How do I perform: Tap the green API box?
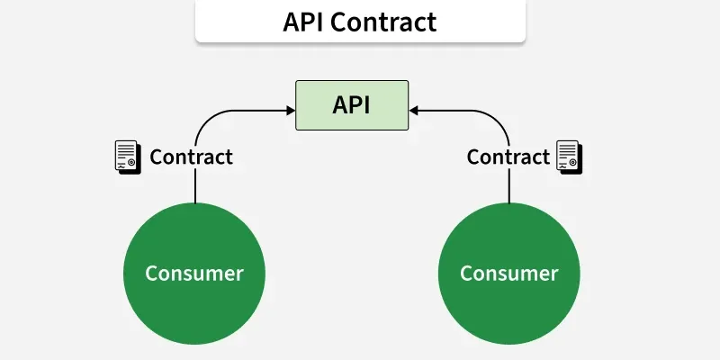click(x=352, y=104)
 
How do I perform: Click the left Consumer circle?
click(x=194, y=273)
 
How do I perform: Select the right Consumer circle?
click(x=509, y=273)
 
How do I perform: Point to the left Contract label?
click(x=191, y=157)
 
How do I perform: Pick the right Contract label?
click(x=508, y=157)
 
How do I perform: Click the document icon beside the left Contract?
click(x=127, y=157)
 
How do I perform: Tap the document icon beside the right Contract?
click(x=568, y=157)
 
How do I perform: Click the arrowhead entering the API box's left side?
click(x=290, y=109)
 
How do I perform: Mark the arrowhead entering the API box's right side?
click(x=414, y=109)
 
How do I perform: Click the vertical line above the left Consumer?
click(x=195, y=187)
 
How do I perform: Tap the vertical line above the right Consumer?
click(x=509, y=187)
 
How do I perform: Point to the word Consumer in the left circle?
click(x=194, y=273)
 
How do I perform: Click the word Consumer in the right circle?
click(x=509, y=273)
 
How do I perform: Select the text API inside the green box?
click(x=352, y=104)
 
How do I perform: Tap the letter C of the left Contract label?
click(x=156, y=157)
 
